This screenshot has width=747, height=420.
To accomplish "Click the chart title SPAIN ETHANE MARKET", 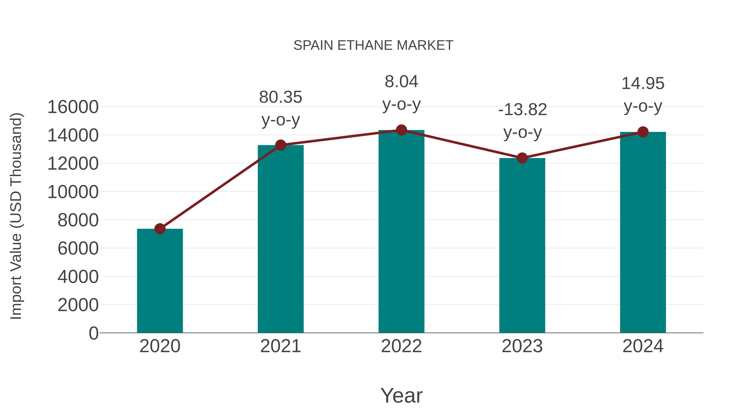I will point(373,45).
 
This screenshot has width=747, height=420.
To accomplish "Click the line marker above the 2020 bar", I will point(160,229).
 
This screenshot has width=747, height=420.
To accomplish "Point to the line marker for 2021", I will point(280,145).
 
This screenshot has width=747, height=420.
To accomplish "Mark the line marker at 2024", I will point(643,132).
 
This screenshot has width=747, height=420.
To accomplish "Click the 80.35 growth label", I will point(280,97).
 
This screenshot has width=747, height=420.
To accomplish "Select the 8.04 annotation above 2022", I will point(401,82).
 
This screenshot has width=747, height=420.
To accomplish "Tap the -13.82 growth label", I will point(522,110).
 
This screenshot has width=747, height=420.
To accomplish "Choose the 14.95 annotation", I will point(643,83).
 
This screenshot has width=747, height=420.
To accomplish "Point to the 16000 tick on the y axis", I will point(73,107).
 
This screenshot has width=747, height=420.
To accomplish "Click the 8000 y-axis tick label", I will point(78,220).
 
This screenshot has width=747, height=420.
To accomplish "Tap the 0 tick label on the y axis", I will point(93,333).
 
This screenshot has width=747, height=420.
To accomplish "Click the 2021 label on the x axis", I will point(280,346).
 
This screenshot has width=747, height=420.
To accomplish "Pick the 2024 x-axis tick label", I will point(643,346).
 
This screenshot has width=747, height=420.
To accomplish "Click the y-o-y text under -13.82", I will point(522,133).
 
